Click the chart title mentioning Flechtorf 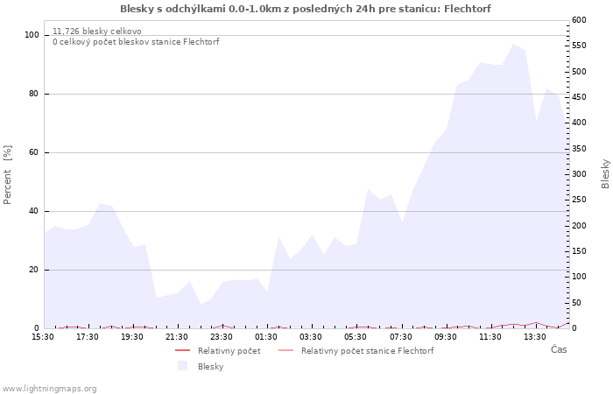tap(306, 9)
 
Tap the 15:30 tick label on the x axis tap(43, 336)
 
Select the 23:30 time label tap(222, 336)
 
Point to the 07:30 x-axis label tap(401, 336)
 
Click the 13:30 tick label tap(535, 336)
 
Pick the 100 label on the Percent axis tap(32, 35)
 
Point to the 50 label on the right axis tap(576, 303)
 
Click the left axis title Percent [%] tap(8, 175)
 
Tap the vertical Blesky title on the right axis tap(605, 173)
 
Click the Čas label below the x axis tap(558, 349)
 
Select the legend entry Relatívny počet tap(229, 351)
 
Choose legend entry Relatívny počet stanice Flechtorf tap(367, 351)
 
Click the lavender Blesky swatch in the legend tap(183, 366)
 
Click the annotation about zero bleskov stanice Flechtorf tap(136, 42)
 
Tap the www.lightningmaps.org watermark tap(49, 389)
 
